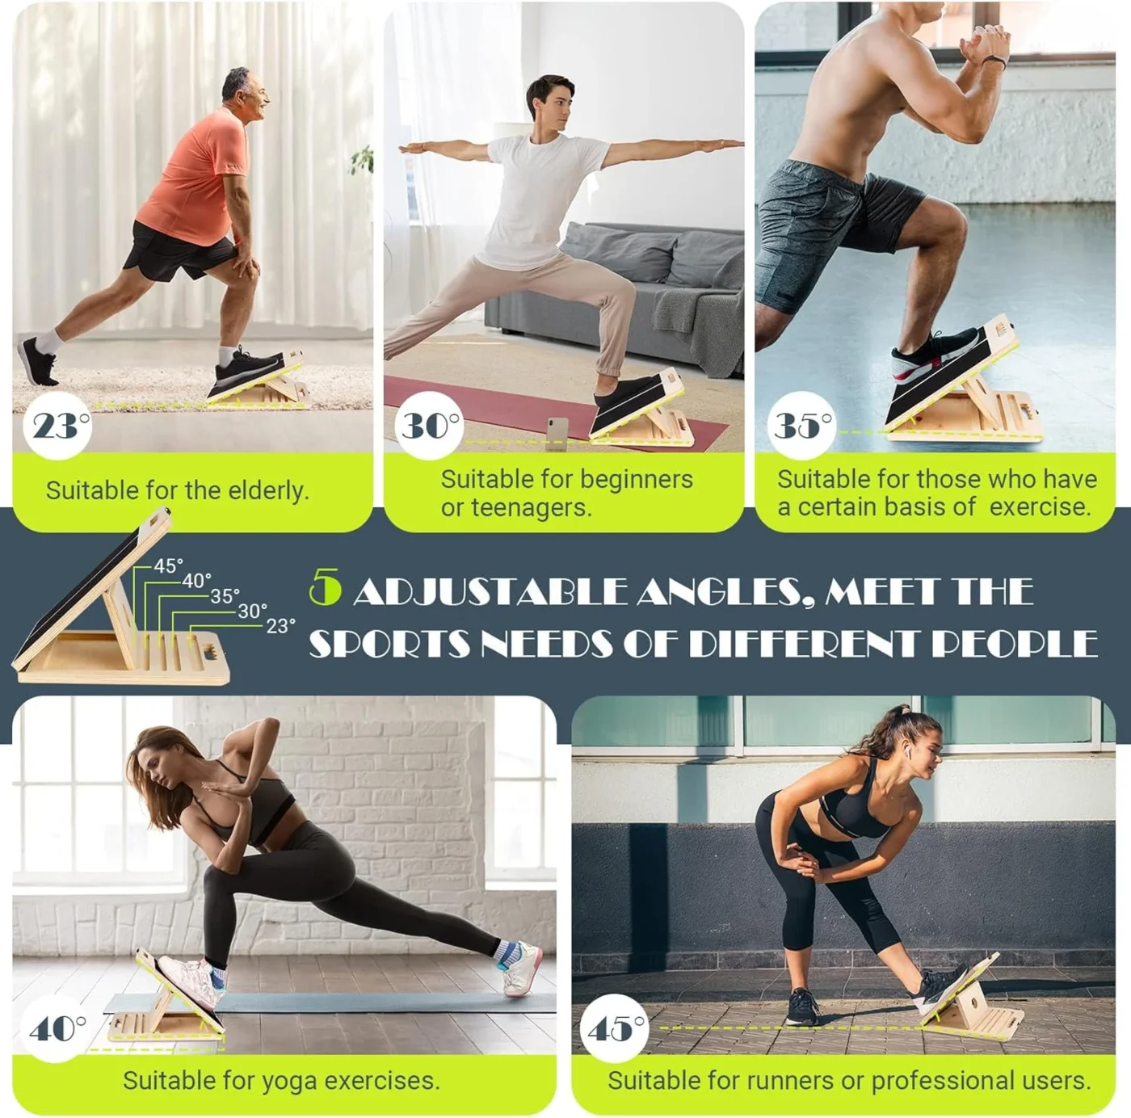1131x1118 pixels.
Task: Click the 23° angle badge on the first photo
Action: [58, 425]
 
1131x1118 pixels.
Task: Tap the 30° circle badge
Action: [429, 425]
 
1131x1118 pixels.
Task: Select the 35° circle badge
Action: [801, 425]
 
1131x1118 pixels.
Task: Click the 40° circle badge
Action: [57, 1028]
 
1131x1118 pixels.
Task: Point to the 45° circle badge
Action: [615, 1028]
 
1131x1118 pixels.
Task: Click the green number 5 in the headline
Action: [325, 588]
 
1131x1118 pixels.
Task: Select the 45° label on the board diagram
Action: [168, 565]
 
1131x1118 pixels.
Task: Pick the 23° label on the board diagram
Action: [280, 625]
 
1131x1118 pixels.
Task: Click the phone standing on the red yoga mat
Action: [557, 429]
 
